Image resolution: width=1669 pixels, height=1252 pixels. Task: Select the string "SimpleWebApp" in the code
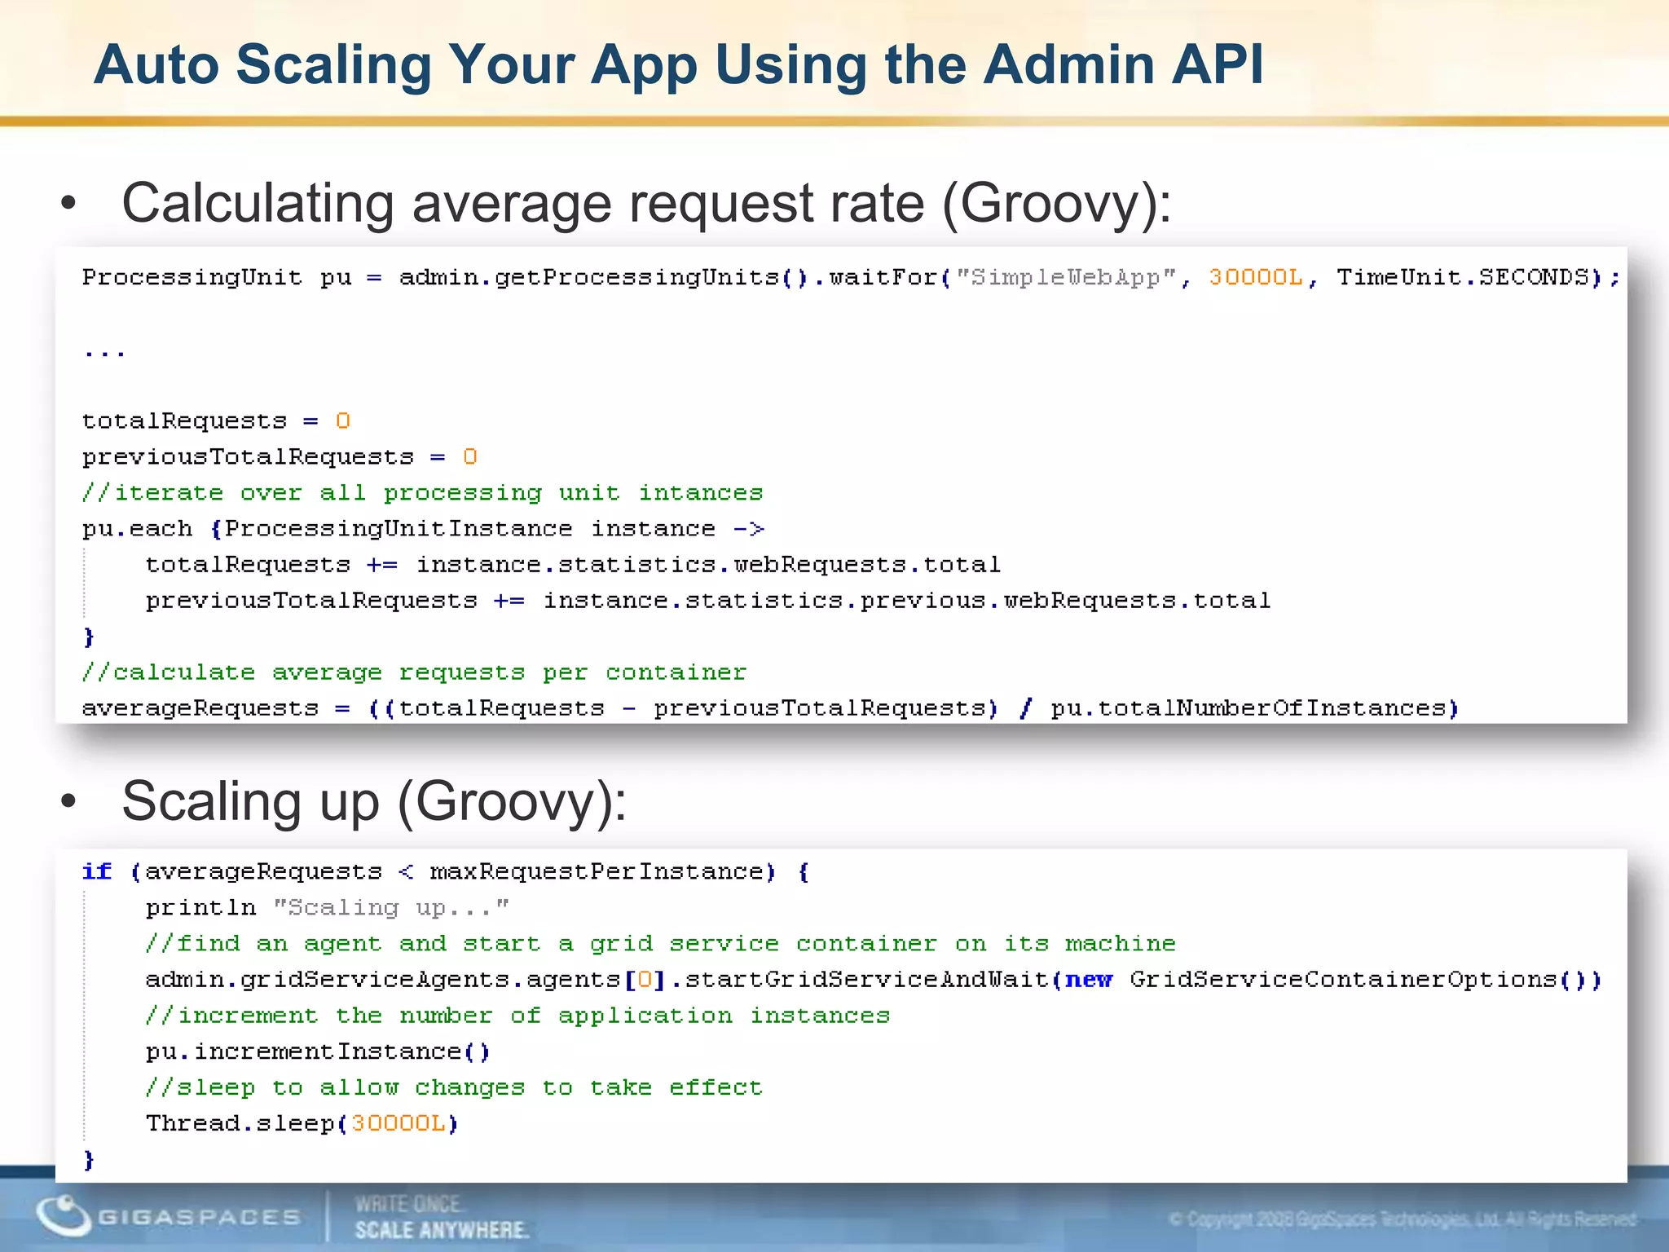(x=1065, y=278)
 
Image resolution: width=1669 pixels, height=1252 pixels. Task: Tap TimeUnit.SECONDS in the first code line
(x=1463, y=278)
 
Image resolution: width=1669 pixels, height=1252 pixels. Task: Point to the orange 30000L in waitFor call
(x=1255, y=278)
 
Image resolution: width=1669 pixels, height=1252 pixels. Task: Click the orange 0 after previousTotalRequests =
(x=469, y=457)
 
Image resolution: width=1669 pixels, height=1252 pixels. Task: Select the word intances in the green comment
(x=700, y=493)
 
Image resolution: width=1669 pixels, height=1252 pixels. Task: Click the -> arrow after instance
(x=748, y=529)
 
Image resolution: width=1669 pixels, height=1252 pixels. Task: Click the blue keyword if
(x=97, y=872)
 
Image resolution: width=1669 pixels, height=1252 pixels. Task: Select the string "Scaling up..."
(x=391, y=908)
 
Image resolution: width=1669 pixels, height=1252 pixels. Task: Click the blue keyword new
(x=1088, y=980)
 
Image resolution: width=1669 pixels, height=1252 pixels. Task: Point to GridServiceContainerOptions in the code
(x=1343, y=980)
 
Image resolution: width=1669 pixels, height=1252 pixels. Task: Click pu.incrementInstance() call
(x=318, y=1051)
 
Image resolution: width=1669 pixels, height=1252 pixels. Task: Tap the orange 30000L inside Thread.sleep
(x=399, y=1123)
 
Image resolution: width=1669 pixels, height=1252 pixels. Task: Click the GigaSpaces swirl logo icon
(x=63, y=1215)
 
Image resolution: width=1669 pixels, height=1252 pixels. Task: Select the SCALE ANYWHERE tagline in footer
(x=441, y=1230)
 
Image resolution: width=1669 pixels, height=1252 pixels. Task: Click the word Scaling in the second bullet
(x=212, y=801)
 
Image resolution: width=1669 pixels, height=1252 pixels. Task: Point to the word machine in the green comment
(x=1120, y=944)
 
